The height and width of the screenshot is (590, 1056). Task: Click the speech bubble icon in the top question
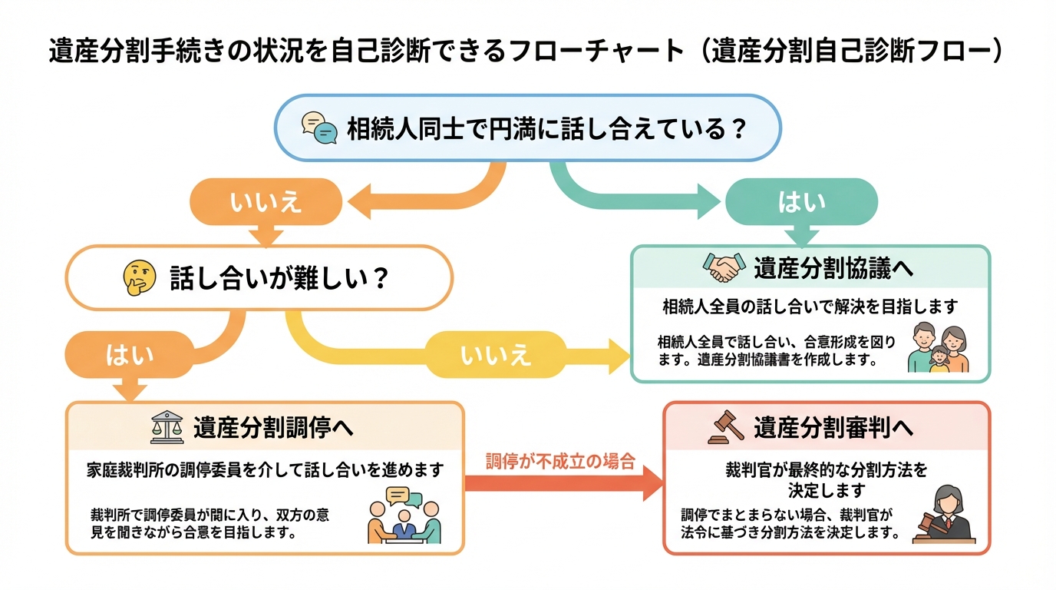pyautogui.click(x=319, y=128)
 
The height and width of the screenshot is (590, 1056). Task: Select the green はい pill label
pyautogui.click(x=801, y=201)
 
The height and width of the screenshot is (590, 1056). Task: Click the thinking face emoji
pyautogui.click(x=139, y=277)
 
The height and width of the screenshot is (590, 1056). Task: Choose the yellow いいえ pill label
pyautogui.click(x=495, y=354)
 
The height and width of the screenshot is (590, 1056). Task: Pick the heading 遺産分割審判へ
pyautogui.click(x=833, y=428)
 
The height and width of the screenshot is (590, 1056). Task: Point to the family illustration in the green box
pyautogui.click(x=938, y=349)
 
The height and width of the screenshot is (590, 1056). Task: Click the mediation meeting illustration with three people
pyautogui.click(x=404, y=515)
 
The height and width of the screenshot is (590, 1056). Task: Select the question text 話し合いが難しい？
pyautogui.click(x=279, y=277)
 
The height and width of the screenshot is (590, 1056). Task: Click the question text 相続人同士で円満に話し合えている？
pyautogui.click(x=547, y=128)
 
